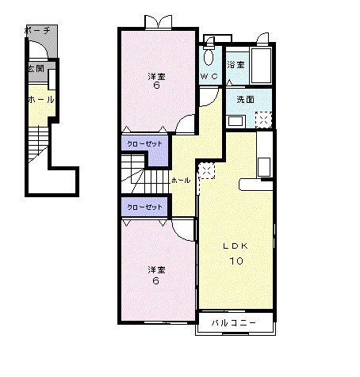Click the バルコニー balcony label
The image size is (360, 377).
234,322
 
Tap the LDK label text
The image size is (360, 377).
236,246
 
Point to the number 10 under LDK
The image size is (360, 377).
236,261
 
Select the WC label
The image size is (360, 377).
209,76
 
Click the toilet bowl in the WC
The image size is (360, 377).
209,57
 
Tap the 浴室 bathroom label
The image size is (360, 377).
236,64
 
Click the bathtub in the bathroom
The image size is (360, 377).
261,66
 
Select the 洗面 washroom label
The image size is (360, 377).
245,99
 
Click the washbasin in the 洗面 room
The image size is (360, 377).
236,121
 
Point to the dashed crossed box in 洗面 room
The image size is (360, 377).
263,120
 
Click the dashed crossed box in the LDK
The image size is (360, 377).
207,170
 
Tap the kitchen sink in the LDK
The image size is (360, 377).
264,166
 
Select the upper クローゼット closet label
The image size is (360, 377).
144,144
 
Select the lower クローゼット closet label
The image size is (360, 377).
144,207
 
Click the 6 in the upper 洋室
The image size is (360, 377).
157,86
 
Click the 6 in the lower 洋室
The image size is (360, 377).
156,280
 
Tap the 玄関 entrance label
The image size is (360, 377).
36,69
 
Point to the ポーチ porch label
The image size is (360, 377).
37,31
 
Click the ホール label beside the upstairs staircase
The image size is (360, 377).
181,181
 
